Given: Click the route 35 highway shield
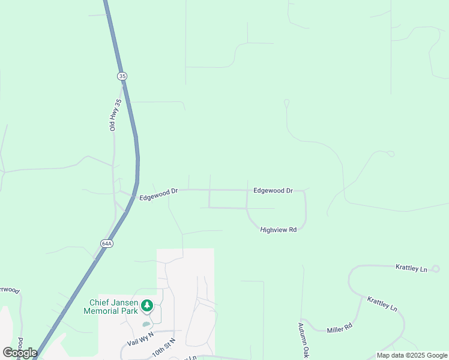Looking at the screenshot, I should pyautogui.click(x=122, y=76).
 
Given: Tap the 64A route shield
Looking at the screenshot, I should pyautogui.click(x=106, y=243).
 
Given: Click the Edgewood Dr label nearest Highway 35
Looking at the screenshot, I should pyautogui.click(x=158, y=194).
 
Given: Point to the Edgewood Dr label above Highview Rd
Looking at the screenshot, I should pyautogui.click(x=273, y=190).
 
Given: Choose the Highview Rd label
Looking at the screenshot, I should pyautogui.click(x=279, y=230).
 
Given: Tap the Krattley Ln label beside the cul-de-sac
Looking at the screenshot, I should pyautogui.click(x=411, y=268).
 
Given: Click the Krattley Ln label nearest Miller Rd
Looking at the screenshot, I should pyautogui.click(x=382, y=303).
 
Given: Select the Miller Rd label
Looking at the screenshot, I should pyautogui.click(x=339, y=329).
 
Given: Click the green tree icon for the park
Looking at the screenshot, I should pyautogui.click(x=147, y=307).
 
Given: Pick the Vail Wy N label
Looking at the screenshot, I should pyautogui.click(x=140, y=338).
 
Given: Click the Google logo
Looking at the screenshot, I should pyautogui.click(x=20, y=353).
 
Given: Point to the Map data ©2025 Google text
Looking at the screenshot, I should pyautogui.click(x=412, y=355).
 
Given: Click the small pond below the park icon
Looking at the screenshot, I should pyautogui.click(x=146, y=325).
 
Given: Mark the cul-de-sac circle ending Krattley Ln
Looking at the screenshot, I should pyautogui.click(x=436, y=269).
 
